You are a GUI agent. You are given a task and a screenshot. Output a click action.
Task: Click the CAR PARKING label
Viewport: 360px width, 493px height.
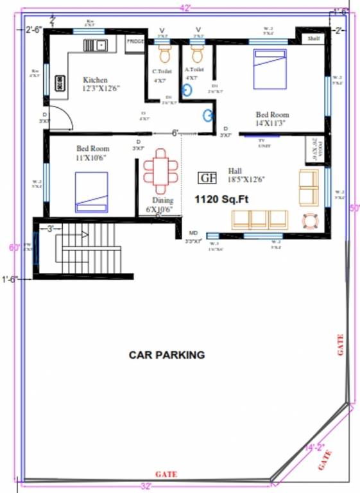click(166, 354)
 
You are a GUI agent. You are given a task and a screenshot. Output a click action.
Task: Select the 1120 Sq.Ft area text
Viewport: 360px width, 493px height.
click(221, 200)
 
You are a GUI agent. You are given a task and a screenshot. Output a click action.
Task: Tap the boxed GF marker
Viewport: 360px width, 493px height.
click(206, 178)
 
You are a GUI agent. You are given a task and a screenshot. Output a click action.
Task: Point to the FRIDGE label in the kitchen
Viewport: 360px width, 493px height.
click(135, 42)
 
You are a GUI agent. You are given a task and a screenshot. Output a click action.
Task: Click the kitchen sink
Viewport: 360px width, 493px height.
click(96, 45)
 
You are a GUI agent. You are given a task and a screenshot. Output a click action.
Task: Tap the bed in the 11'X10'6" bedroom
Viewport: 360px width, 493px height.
click(91, 192)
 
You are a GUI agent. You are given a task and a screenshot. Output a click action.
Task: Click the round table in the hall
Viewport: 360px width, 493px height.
click(310, 220)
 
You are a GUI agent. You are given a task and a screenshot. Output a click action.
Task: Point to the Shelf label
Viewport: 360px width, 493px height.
click(314, 39)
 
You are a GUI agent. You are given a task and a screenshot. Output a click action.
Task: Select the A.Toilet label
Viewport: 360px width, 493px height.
click(194, 69)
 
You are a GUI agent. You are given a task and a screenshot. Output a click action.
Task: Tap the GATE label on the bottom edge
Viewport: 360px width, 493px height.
click(166, 474)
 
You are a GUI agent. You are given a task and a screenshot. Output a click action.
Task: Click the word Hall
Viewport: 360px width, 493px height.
click(235, 171)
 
